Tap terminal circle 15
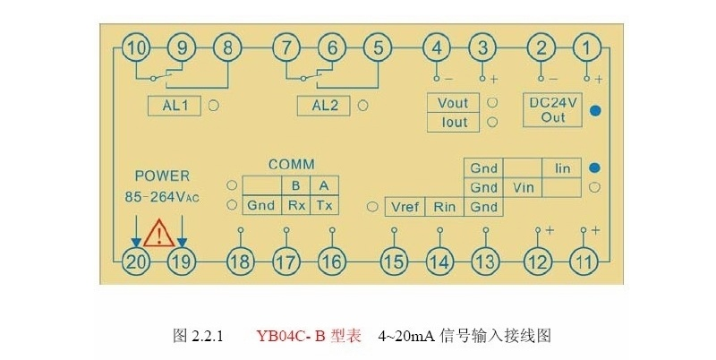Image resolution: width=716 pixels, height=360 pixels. [392, 261]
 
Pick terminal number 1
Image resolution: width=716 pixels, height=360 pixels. [587, 47]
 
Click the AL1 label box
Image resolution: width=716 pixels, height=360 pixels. [175, 106]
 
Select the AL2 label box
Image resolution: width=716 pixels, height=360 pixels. [324, 106]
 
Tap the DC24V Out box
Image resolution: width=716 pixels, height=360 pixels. [553, 110]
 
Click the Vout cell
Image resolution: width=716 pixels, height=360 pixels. [454, 103]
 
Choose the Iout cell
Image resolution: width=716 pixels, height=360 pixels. [454, 122]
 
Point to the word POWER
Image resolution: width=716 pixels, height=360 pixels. [162, 176]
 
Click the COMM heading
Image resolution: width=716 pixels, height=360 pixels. [291, 165]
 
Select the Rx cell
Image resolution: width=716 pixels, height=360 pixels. [295, 206]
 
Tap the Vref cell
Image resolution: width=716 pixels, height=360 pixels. [404, 207]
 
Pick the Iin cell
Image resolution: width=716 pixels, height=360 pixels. [562, 168]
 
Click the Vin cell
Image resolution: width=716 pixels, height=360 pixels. [523, 188]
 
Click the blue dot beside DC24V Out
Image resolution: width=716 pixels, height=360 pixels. [594, 110]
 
